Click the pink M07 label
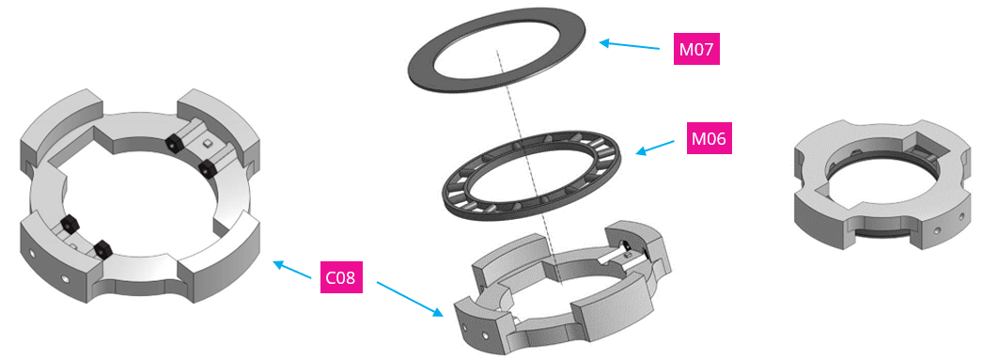[x=696, y=48]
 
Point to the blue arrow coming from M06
[x=655, y=148]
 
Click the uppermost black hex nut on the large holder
[x=173, y=142]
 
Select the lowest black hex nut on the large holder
[x=101, y=249]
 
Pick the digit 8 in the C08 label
[x=356, y=277]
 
